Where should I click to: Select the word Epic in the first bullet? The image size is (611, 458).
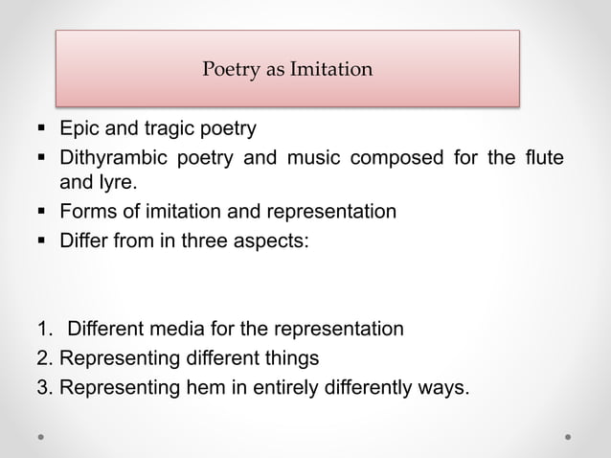click(79, 128)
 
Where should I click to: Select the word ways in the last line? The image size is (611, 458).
click(443, 387)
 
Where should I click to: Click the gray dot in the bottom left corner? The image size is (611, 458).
click(41, 436)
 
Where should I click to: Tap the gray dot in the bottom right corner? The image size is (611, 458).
click(569, 436)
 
